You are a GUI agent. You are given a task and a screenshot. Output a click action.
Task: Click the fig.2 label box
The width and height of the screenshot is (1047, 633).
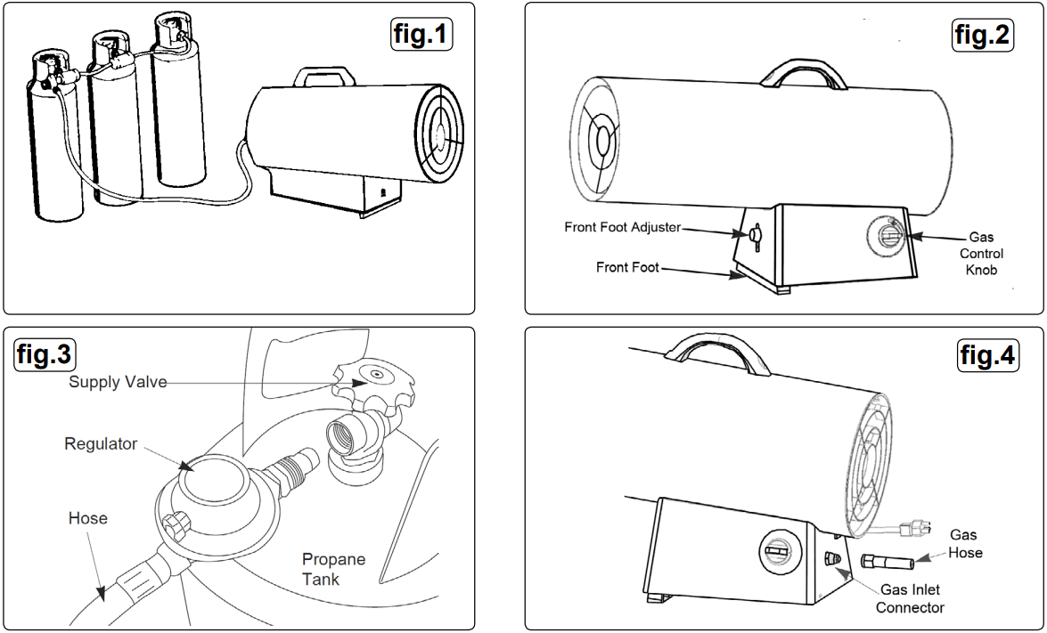click(982, 35)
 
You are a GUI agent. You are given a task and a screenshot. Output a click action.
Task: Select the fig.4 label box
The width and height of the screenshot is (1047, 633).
click(986, 355)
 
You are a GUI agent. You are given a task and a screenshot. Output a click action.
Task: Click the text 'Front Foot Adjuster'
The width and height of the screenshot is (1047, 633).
click(621, 227)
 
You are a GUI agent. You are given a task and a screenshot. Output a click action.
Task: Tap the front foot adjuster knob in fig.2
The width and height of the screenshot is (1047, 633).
click(756, 235)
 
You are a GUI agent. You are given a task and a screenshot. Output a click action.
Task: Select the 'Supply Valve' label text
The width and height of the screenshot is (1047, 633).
click(118, 382)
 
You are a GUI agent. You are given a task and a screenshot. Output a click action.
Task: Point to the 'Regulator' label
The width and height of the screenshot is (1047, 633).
click(101, 443)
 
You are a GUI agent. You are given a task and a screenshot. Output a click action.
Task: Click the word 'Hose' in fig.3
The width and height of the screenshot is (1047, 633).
click(87, 518)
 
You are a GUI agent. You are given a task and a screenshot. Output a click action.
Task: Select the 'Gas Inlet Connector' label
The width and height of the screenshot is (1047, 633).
click(909, 598)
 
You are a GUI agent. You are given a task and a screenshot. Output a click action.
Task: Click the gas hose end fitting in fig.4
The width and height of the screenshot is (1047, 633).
click(886, 564)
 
